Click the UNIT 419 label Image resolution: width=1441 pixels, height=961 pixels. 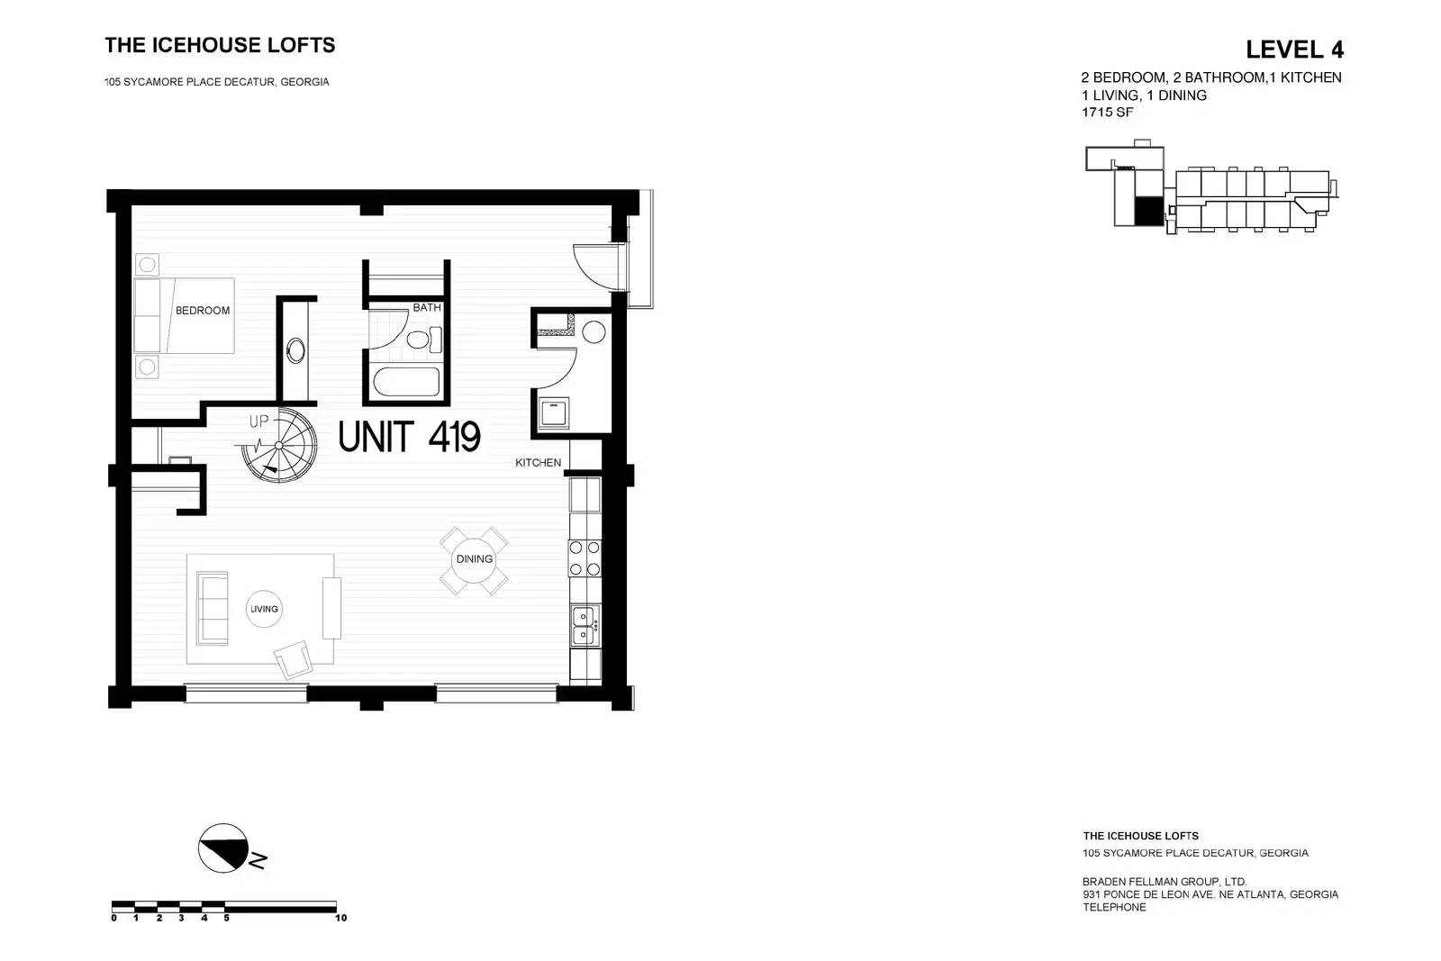coord(409,438)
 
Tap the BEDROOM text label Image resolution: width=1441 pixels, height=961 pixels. coord(203,311)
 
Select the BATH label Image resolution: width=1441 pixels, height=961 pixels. coord(427,307)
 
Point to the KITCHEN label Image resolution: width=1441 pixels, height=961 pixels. coord(538,463)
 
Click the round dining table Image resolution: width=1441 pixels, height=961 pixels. coord(474,560)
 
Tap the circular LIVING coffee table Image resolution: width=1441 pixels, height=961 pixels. coord(264,609)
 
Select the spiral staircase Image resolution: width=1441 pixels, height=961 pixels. coord(279,445)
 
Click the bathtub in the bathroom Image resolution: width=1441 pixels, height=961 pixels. coord(406,382)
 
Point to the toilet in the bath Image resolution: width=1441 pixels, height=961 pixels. coord(424,339)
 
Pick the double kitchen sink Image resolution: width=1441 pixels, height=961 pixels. coord(584,626)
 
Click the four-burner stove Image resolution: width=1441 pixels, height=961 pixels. coord(585,558)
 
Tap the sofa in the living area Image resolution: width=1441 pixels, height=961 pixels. coord(213,608)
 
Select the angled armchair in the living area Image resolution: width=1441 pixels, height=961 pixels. coord(294,659)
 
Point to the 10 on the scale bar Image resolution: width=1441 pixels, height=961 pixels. coord(341,918)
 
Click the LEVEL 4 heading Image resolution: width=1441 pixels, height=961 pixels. coord(1294,50)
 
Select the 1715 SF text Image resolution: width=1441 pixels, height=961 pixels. coord(1107,113)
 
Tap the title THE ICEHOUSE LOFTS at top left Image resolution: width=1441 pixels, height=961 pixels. coord(220,45)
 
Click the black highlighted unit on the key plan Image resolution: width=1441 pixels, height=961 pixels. coord(1149,211)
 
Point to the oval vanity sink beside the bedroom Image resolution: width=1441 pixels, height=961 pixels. coord(296,350)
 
